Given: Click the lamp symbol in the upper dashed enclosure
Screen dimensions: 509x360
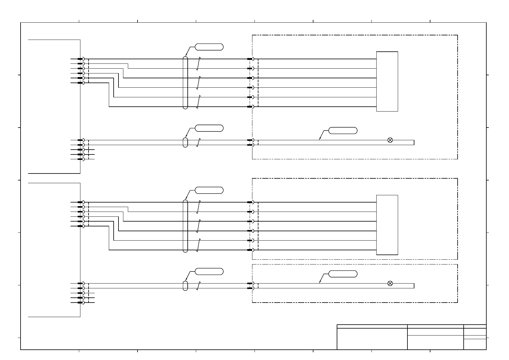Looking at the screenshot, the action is [390, 140].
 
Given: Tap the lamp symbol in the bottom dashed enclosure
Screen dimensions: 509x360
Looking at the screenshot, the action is [390, 283].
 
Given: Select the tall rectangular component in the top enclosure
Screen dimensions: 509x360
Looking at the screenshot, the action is [387, 81].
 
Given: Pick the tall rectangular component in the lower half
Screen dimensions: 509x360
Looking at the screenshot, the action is [387, 225].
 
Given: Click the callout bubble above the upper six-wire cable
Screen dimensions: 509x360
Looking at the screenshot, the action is [209, 47].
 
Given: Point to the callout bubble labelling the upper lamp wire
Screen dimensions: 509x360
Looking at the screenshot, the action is [343, 131].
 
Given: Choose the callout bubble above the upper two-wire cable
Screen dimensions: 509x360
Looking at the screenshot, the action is [209, 128].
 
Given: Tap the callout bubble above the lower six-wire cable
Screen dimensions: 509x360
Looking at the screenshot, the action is [209, 190].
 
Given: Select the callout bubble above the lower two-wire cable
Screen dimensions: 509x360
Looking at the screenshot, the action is [209, 271].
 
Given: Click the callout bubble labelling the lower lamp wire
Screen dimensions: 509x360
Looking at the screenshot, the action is [343, 274].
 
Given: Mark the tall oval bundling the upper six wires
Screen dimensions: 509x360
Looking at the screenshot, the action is [185, 83].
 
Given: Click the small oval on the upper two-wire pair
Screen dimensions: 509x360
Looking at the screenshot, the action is [185, 142].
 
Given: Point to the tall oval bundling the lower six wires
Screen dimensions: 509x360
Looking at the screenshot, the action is [185, 226].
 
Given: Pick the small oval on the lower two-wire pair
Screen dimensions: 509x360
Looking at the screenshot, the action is [185, 286].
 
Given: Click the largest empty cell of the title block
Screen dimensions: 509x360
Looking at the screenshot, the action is [372, 339].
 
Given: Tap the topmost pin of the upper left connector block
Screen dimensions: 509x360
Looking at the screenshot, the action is [80, 59].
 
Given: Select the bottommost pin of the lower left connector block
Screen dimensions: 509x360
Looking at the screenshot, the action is [80, 303].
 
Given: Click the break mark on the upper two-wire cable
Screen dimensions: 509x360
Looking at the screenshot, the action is [198, 142].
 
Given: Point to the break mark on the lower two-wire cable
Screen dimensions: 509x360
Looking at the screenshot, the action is [198, 286].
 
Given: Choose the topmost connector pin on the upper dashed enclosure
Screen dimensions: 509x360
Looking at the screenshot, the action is [250, 59].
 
